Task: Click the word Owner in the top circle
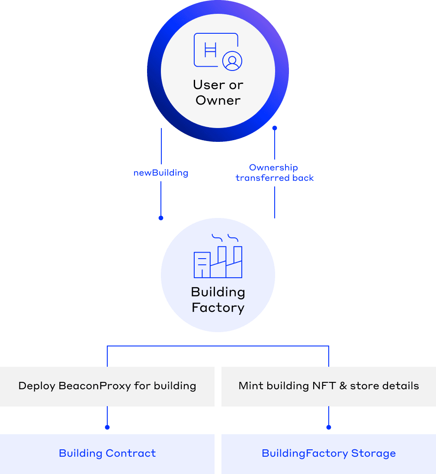point(218,100)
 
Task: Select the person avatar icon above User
point(232,61)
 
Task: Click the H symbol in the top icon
point(210,50)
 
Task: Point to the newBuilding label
point(161,173)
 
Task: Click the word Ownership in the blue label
point(273,167)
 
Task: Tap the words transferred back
point(275,178)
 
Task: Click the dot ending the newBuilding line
point(161,218)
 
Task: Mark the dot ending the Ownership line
point(274,128)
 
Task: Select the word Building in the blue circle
point(218,292)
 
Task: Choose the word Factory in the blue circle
point(218,308)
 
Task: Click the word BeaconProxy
point(94,386)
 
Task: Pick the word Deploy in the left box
point(36,386)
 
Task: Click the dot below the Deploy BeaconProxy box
point(107,427)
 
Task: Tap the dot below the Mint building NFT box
point(329,427)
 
